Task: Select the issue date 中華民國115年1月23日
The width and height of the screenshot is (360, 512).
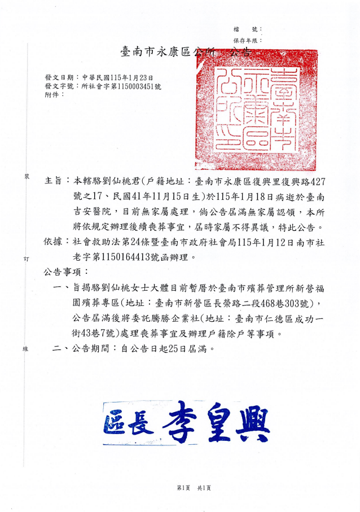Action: (x=117, y=77)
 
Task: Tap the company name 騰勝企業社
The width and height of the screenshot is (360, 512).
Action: (x=168, y=319)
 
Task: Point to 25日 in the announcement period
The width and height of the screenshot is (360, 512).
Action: (x=169, y=349)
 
